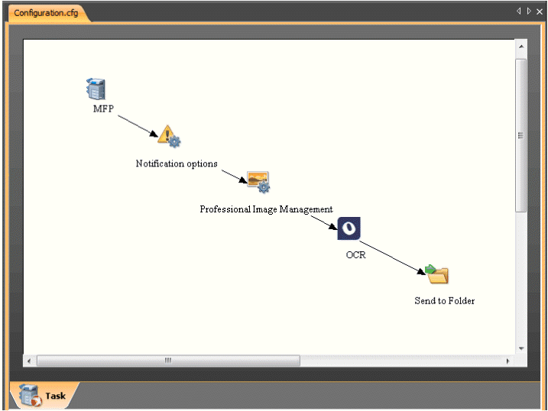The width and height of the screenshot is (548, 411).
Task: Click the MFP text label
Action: coord(103,108)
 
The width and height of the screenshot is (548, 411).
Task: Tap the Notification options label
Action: coord(177,163)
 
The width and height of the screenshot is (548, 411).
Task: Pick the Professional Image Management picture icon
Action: coord(258,182)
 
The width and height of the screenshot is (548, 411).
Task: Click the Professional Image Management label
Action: coord(266,209)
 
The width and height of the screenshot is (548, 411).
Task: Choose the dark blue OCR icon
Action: coord(349,228)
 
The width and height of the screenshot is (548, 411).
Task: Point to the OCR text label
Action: coord(355,254)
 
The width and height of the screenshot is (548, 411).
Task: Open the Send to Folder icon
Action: coord(437,274)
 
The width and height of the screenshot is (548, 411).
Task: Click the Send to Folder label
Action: coord(444,300)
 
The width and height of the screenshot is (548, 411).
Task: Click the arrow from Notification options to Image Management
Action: coord(234,175)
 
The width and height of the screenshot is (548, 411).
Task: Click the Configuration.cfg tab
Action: coord(46,13)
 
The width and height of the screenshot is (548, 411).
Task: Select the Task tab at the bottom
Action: coord(44,395)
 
